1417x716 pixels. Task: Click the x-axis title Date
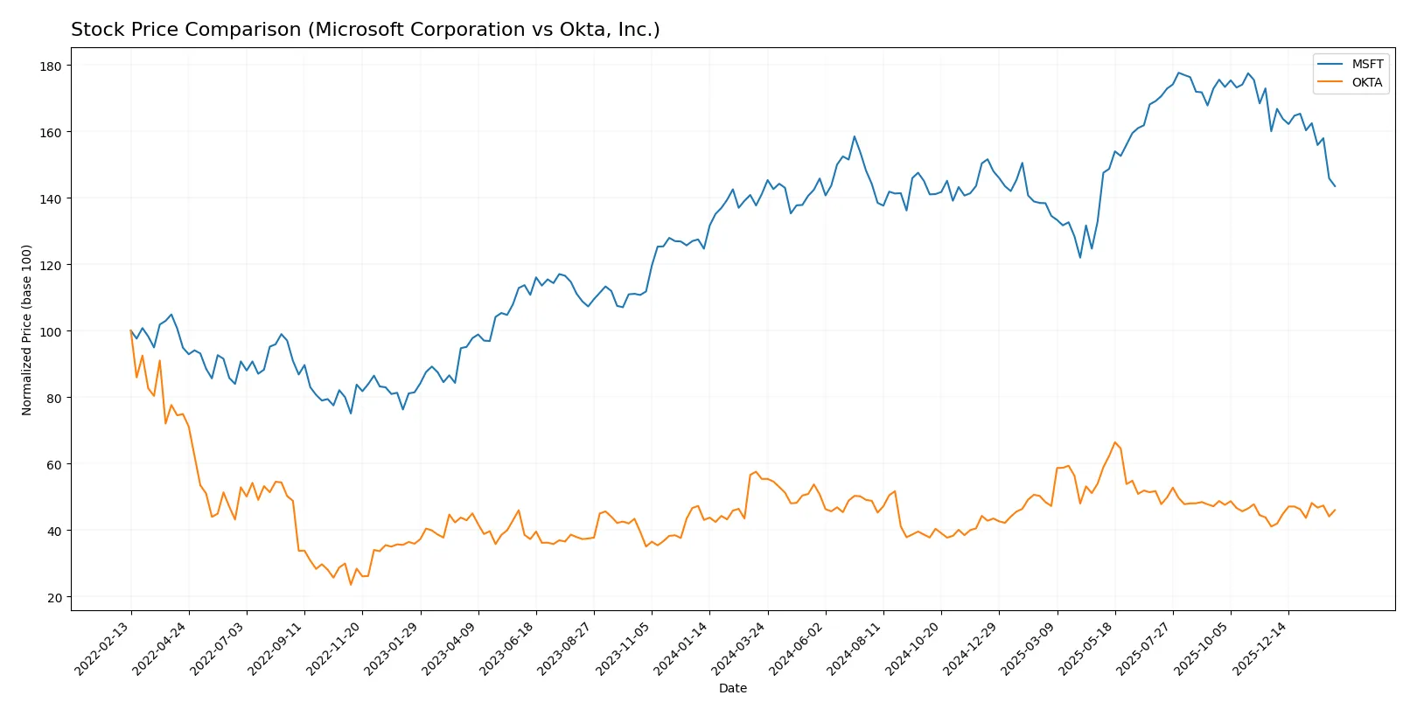point(732,688)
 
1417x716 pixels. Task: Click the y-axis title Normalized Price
point(27,330)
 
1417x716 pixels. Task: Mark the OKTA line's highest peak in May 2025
point(1114,442)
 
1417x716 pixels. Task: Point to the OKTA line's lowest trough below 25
point(351,584)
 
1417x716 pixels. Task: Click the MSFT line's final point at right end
point(1335,186)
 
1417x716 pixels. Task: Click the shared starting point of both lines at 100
point(131,331)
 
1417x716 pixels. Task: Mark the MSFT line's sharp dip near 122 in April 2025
point(1080,257)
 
